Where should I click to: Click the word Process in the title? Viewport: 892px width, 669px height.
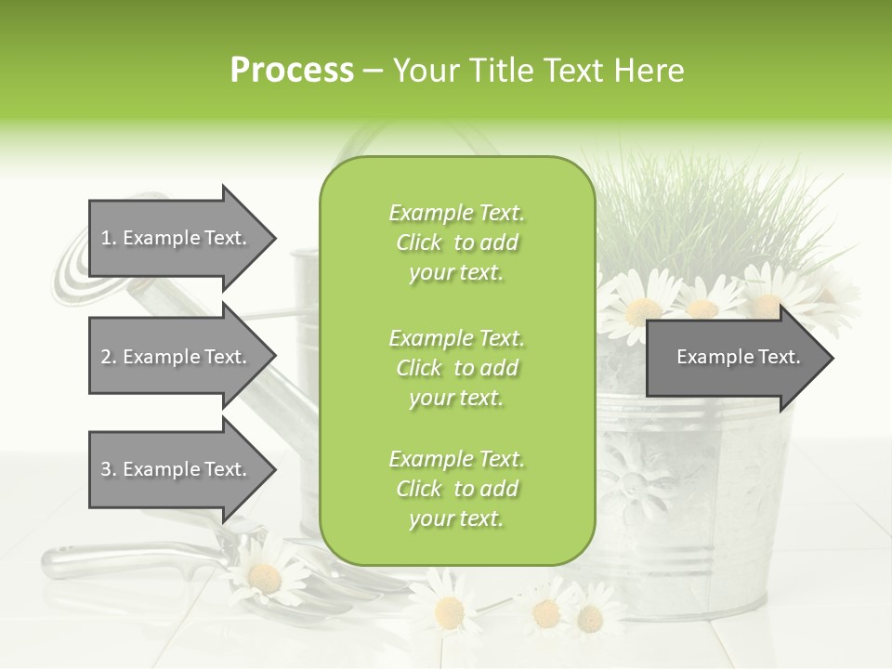pyautogui.click(x=292, y=71)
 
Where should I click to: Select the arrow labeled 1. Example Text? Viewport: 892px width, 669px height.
pyautogui.click(x=177, y=238)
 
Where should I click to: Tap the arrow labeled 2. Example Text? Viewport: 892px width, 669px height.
pyautogui.click(x=177, y=357)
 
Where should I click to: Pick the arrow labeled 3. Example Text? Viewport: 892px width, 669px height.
pyautogui.click(x=177, y=469)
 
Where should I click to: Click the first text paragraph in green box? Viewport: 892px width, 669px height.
pyautogui.click(x=456, y=243)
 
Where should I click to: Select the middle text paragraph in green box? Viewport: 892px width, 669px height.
pyautogui.click(x=456, y=368)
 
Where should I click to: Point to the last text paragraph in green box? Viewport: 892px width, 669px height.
pyautogui.click(x=456, y=489)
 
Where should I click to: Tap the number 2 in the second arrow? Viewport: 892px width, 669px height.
pyautogui.click(x=107, y=357)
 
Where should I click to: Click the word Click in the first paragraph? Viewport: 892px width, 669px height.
pyautogui.click(x=419, y=243)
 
